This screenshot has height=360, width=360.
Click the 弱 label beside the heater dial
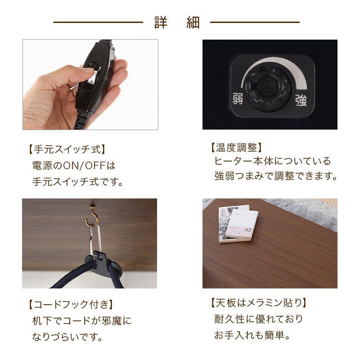(x=238, y=99)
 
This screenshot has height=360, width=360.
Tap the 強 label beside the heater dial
(x=301, y=100)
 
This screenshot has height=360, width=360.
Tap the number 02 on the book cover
(x=248, y=229)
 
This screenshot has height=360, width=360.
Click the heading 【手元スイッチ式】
(x=67, y=149)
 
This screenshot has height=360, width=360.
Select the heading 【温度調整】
(x=237, y=148)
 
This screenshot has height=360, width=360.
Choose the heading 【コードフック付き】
(x=71, y=305)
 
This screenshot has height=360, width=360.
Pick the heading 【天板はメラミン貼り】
(x=259, y=303)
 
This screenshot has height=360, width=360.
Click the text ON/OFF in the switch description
(x=84, y=166)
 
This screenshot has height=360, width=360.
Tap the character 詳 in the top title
(x=161, y=22)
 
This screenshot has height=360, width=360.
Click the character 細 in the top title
(x=193, y=22)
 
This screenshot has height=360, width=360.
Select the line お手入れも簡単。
(x=252, y=335)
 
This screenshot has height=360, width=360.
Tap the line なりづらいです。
(x=67, y=337)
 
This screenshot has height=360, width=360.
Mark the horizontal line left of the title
(x=98, y=22)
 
